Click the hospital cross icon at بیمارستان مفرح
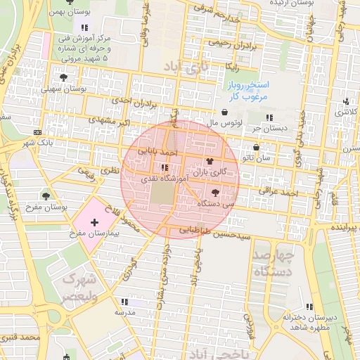coord(95,222)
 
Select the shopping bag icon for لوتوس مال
coord(224,112)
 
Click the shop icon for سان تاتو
coord(255,148)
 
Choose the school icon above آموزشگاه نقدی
coord(165,168)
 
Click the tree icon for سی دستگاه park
coord(214,192)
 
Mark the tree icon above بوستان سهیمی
coord(64,77)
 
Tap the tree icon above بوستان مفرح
coord(46,196)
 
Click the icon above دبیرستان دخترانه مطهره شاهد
coord(309,307)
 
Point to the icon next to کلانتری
coord(346,101)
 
